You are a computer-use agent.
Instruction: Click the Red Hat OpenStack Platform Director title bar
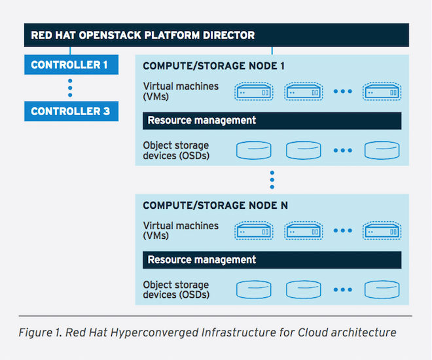coord(216,35)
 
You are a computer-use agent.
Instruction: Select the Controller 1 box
coord(71,65)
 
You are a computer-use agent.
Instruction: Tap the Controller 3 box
coord(71,111)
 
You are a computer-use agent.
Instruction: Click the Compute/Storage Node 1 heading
coord(213,66)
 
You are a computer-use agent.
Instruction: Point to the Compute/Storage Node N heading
coord(215,206)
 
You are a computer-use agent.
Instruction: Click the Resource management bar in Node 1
coord(272,120)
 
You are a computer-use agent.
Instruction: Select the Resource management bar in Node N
coord(272,260)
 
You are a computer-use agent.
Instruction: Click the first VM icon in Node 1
coord(254,91)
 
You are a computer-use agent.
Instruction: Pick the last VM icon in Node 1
coord(382,91)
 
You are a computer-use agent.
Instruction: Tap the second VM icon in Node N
coord(303,230)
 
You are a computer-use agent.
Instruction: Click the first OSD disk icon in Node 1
coord(254,150)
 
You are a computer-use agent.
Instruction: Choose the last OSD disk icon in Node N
coord(382,289)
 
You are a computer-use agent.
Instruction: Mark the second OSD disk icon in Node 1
coord(303,150)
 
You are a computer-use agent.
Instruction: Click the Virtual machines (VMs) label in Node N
coord(181,230)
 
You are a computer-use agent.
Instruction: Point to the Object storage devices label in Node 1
coord(176,151)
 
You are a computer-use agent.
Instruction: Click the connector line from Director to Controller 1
coord(70,50)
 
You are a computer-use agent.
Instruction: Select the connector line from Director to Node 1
coord(272,50)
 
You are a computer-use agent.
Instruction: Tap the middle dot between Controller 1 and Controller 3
coord(70,88)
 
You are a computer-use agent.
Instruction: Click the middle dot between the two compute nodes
coord(272,180)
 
